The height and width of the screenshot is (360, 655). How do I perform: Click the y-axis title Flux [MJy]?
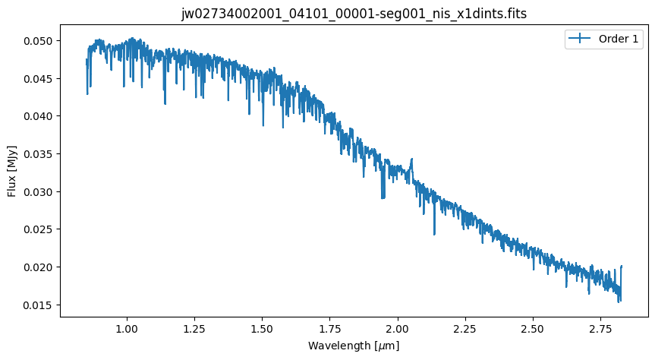[x=11, y=170]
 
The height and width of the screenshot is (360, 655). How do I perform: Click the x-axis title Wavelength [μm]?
[x=354, y=346]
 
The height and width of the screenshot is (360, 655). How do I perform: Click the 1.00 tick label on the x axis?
[x=127, y=329]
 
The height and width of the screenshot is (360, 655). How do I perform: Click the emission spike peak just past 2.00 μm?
[x=411, y=159]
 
